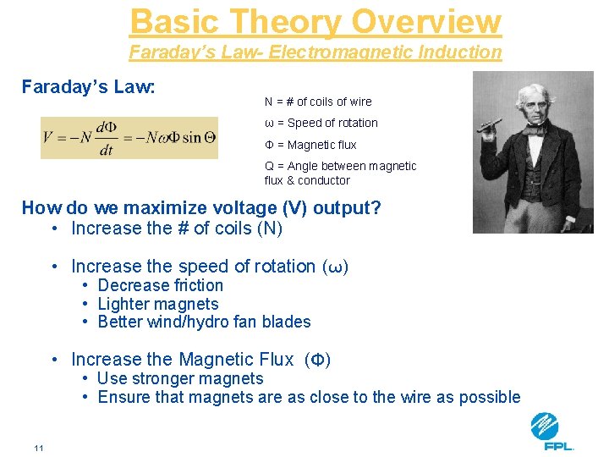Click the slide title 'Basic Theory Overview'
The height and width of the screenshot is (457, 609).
click(x=315, y=22)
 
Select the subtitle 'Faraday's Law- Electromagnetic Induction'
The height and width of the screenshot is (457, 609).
click(x=315, y=52)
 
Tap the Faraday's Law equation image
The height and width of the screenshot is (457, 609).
click(x=129, y=137)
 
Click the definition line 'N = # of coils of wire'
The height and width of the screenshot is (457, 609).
click(x=318, y=102)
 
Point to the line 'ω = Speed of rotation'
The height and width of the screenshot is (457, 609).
click(x=321, y=123)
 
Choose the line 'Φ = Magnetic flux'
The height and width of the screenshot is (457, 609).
click(x=310, y=145)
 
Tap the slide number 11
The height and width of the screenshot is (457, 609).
click(x=39, y=448)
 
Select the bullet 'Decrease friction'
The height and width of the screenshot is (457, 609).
click(x=160, y=286)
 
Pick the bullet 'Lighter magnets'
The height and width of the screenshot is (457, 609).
click(x=158, y=304)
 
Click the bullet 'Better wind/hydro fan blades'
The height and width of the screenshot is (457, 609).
click(x=204, y=322)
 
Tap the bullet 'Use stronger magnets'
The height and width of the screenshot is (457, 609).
click(x=180, y=378)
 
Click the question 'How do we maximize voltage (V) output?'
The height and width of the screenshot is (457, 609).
click(x=201, y=207)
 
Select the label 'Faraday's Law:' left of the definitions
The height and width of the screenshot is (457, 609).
click(x=88, y=86)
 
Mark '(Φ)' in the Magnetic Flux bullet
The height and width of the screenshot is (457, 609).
click(x=317, y=360)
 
